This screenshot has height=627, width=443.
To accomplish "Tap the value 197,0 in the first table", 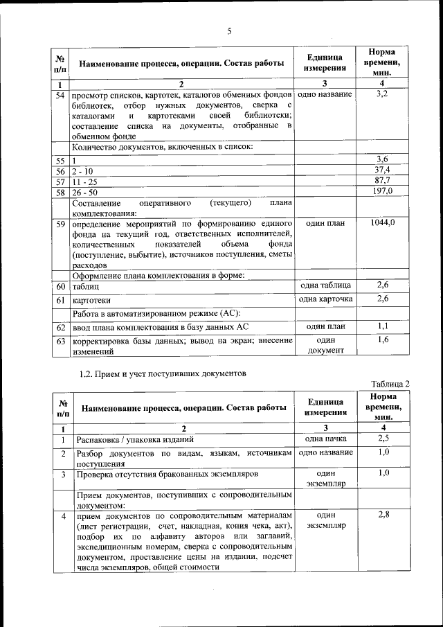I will point(383,191).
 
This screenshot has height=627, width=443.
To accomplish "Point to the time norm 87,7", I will point(383,180).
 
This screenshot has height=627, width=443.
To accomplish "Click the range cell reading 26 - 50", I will point(84,192).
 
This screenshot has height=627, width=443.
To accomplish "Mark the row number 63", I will point(61,341).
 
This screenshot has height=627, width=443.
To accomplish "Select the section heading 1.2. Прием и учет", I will point(162,373).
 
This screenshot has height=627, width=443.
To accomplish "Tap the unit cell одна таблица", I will point(325,285).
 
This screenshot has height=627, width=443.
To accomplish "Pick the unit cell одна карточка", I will point(325,299).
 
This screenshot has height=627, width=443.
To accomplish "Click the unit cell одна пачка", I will point(325,439).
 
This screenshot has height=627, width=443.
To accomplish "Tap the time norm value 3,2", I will point(383,94).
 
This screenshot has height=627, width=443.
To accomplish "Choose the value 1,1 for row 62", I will point(383,326).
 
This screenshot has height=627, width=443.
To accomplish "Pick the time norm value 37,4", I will point(383,170).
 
